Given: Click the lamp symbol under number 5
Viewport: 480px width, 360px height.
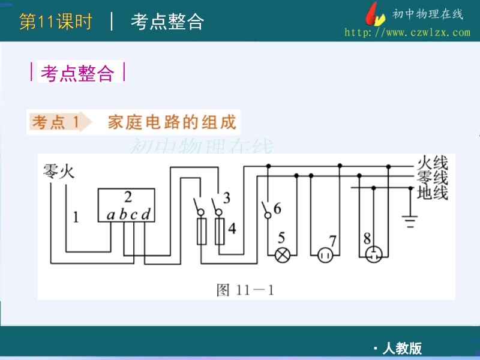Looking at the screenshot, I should click(x=282, y=255).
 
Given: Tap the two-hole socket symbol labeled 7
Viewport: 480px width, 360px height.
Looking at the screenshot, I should click(x=326, y=256).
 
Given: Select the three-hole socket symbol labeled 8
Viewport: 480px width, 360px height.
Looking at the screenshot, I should click(x=374, y=255).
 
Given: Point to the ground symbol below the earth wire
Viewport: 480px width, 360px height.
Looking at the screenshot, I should click(x=410, y=221).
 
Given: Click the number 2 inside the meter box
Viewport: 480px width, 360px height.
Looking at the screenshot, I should click(x=127, y=197).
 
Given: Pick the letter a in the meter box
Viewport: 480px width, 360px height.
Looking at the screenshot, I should click(x=110, y=214).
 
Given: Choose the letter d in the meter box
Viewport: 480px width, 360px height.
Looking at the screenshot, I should click(x=145, y=214).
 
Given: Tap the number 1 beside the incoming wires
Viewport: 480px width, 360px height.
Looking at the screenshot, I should click(x=76, y=217).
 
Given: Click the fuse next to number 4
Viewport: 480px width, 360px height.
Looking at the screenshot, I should click(x=220, y=231).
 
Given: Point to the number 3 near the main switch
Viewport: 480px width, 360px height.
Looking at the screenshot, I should click(x=226, y=197).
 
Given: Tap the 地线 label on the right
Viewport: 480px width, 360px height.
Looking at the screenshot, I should click(x=432, y=193).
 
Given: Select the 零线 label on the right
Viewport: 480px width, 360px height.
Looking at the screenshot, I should click(x=432, y=178).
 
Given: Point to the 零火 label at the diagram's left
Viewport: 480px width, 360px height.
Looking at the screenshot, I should click(x=58, y=172).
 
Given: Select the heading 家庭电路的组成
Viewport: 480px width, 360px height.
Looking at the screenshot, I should click(x=172, y=122).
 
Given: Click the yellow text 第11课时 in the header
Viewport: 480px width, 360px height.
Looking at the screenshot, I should click(x=56, y=22).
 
